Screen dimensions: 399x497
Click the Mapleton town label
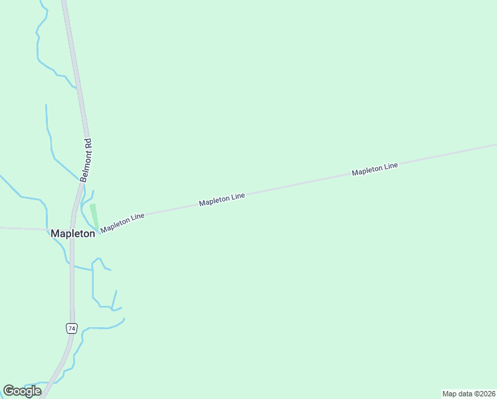[x=73, y=234]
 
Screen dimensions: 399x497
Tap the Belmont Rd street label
[x=86, y=160]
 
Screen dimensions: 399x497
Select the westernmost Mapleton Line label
[x=123, y=222]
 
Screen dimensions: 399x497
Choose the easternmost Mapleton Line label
[x=375, y=169]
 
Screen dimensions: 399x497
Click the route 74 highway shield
[x=72, y=329]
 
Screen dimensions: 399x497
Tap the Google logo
[x=22, y=391]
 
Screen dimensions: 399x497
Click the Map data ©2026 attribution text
[x=468, y=394]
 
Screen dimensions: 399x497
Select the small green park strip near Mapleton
[x=94, y=215]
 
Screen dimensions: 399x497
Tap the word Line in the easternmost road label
[x=390, y=166]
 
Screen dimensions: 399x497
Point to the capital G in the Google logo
[x=9, y=391]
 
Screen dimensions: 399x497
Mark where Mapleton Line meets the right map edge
[x=495, y=144]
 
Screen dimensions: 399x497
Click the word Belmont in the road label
[x=84, y=168]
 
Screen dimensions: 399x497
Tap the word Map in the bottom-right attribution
[x=450, y=394]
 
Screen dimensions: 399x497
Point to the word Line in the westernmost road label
[x=136, y=219]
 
